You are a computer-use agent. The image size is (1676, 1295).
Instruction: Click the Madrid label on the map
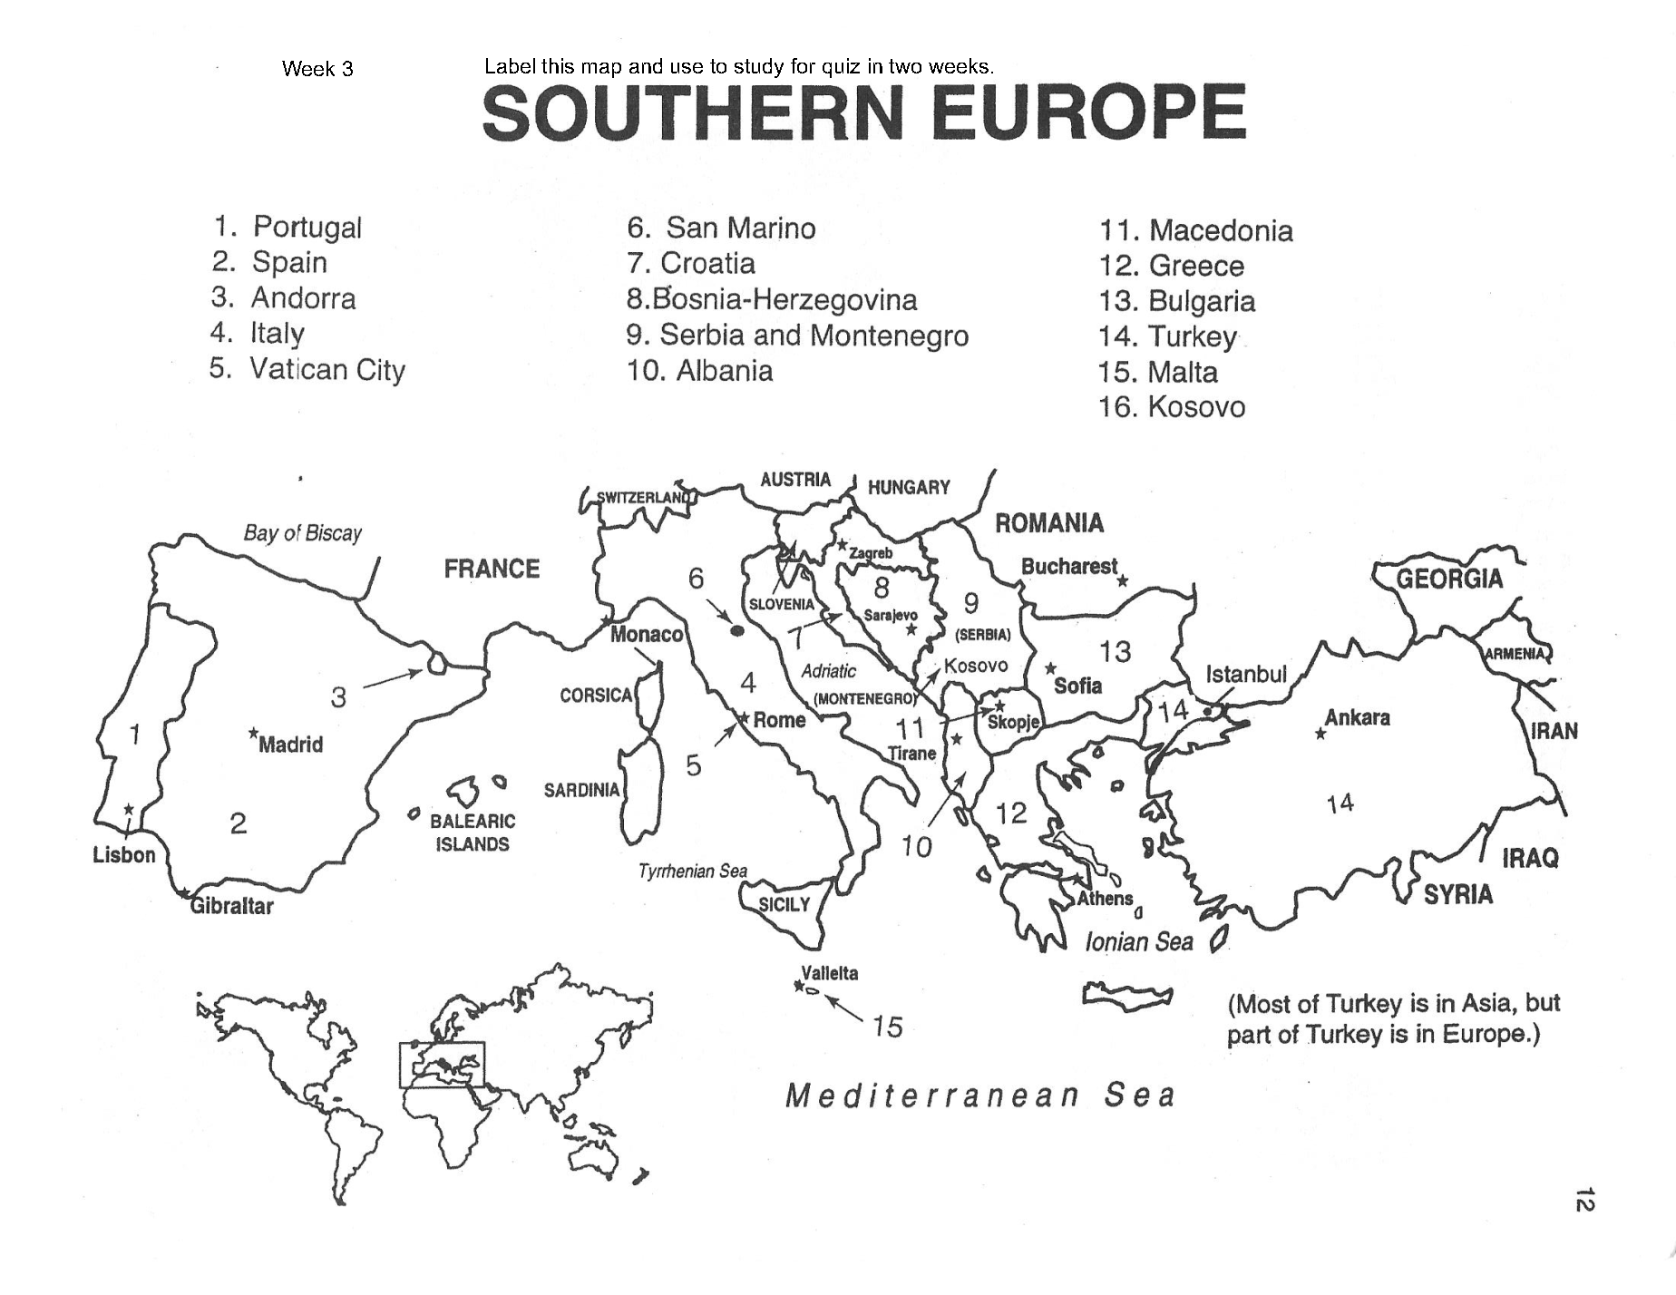[290, 745]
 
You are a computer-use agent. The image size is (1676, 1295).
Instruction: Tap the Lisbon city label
[124, 855]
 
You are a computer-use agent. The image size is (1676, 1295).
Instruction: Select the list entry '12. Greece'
[1171, 266]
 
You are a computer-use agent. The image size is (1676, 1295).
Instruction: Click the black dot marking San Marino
[737, 628]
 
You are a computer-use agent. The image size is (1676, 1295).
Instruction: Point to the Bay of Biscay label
[302, 533]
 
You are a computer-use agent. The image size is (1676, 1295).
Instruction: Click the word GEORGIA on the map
[1449, 579]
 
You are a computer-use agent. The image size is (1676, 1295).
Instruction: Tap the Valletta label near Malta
[829, 973]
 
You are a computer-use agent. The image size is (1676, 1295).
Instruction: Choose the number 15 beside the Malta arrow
[887, 1027]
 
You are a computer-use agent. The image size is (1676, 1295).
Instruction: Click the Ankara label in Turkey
[1357, 717]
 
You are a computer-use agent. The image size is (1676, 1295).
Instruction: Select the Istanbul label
[1245, 674]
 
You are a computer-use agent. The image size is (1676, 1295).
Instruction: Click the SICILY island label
[784, 905]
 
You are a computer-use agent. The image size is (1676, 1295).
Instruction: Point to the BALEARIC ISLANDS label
[472, 832]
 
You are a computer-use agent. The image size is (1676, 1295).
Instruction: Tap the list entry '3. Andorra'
[283, 298]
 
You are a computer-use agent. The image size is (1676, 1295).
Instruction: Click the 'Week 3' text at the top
[317, 69]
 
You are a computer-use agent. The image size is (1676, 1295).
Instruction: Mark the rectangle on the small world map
[443, 1065]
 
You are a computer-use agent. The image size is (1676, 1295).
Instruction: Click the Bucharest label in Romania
[1069, 567]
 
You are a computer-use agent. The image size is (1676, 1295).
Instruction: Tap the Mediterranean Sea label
[979, 1095]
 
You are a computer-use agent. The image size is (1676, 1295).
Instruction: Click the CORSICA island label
[596, 696]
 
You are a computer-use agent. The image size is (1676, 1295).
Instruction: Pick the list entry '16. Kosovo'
[1171, 407]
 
